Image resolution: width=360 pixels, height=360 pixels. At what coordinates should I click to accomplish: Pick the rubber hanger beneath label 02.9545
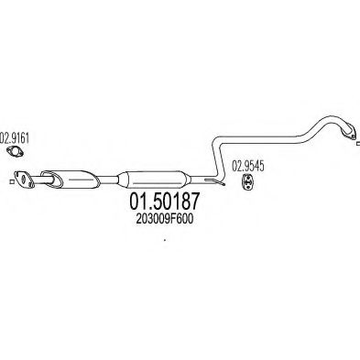245,183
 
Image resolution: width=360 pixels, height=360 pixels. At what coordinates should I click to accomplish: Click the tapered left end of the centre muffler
118,180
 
